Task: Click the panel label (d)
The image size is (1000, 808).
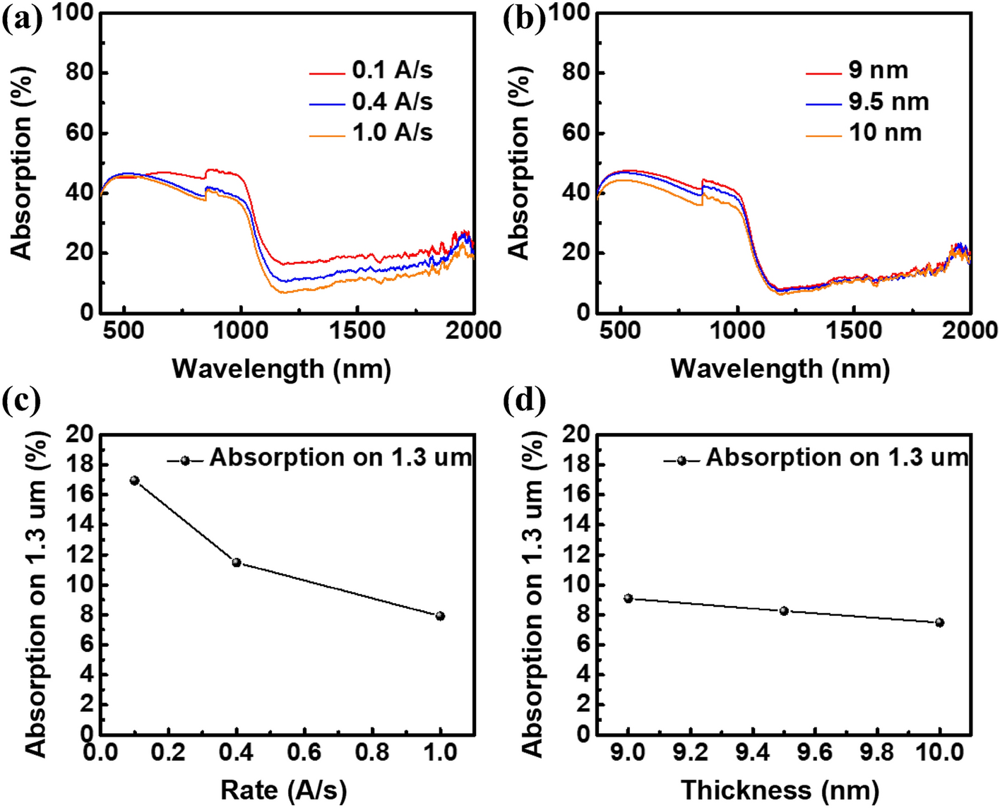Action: (523, 401)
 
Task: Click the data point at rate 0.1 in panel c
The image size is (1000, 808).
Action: (134, 480)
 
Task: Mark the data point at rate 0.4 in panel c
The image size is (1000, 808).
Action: (237, 562)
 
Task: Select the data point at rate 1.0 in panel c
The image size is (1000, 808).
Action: (441, 616)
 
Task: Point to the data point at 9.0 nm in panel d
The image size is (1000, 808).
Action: (629, 598)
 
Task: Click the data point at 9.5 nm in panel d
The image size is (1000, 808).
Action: (784, 610)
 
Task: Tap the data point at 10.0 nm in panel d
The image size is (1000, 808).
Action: (939, 622)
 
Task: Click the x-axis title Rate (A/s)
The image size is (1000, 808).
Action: (283, 790)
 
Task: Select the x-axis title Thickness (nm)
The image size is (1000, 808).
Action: (780, 790)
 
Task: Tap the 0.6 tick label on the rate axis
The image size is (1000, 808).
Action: (304, 753)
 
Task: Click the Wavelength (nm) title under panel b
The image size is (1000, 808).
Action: (780, 368)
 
